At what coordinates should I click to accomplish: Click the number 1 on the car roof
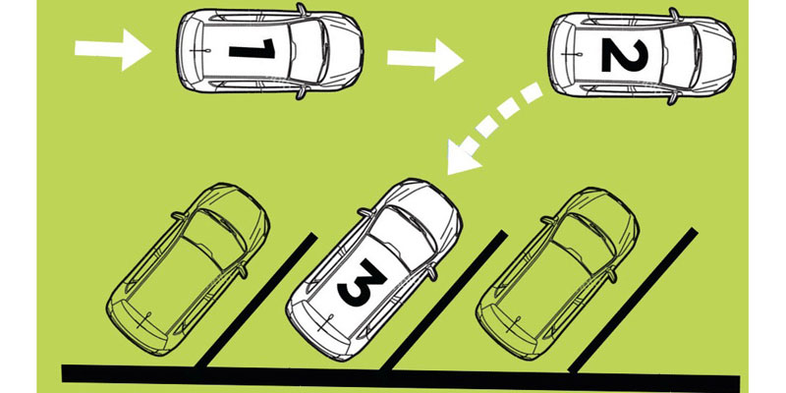[253, 49]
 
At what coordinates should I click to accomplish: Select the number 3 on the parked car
[362, 282]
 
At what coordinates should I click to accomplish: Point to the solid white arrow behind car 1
[112, 50]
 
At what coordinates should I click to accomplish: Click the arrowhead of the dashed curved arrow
[462, 157]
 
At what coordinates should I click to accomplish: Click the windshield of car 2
[680, 55]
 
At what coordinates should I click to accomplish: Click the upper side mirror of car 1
[302, 9]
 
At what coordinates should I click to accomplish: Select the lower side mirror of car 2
[673, 98]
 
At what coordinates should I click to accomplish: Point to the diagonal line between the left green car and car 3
[255, 301]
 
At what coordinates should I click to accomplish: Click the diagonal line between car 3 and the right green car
[444, 301]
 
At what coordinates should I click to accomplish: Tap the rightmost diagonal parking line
[633, 301]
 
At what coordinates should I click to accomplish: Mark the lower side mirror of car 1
[302, 92]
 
